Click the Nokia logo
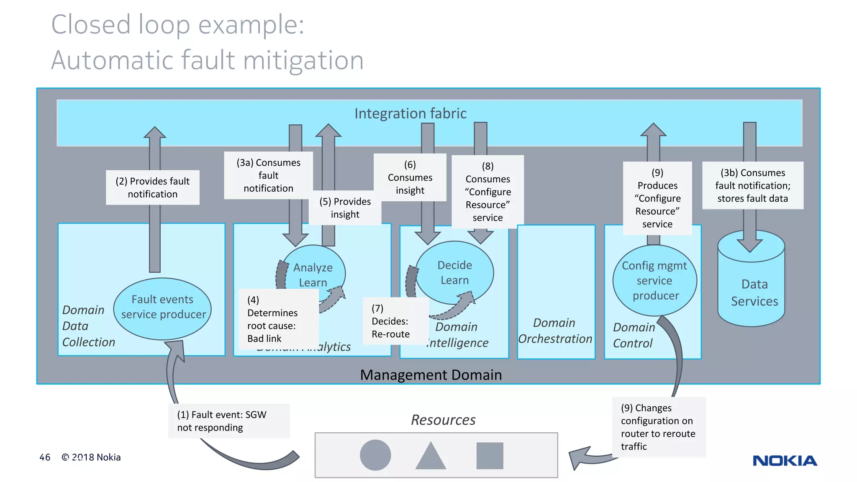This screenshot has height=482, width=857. pos(785,461)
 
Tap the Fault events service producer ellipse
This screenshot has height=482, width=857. pos(162,308)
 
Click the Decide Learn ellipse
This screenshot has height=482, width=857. pos(454,272)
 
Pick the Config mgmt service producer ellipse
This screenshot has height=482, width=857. pos(655,280)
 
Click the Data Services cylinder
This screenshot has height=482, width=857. pos(752,289)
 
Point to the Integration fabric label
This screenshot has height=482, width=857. pos(410,113)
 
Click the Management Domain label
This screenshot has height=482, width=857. pos(431,374)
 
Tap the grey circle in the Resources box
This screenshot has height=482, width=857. pos(375,455)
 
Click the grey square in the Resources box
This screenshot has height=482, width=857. pos(490,455)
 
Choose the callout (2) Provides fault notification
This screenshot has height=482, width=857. pos(153,187)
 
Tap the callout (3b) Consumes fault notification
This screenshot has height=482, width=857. pos(752,185)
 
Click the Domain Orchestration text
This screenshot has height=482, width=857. pos(555,331)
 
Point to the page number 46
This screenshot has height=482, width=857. pos(45,457)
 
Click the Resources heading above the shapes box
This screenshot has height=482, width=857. pos(443,419)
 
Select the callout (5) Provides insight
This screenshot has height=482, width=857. pos(345,208)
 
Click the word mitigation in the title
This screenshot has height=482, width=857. pos(303,60)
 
